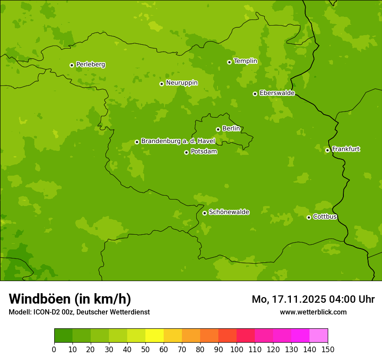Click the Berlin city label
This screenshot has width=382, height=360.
pyautogui.click(x=231, y=129)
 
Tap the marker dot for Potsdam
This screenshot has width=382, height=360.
pyautogui.click(x=186, y=152)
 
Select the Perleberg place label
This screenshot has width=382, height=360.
pyautogui.click(x=90, y=65)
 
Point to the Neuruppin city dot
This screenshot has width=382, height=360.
pyautogui.click(x=161, y=84)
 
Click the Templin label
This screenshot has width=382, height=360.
pyautogui.click(x=245, y=61)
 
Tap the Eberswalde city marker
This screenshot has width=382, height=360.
pyautogui.click(x=255, y=94)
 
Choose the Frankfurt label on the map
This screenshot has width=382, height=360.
pyautogui.click(x=346, y=149)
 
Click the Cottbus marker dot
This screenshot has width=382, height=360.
pyautogui.click(x=309, y=217)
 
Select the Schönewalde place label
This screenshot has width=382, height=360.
pyautogui.click(x=229, y=212)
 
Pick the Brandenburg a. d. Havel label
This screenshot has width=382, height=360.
pyautogui.click(x=178, y=141)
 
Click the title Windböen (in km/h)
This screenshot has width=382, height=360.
pyautogui.click(x=70, y=299)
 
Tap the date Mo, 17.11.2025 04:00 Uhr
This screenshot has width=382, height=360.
pyautogui.click(x=313, y=299)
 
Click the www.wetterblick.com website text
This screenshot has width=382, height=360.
pyautogui.click(x=313, y=312)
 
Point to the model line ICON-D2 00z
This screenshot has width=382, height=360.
pyautogui.click(x=79, y=312)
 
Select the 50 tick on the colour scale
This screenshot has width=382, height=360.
pyautogui.click(x=145, y=349)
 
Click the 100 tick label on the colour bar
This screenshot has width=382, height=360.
pyautogui.click(x=237, y=349)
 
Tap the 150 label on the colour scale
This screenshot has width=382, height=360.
pyautogui.click(x=328, y=349)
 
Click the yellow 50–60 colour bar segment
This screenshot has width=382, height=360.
pyautogui.click(x=155, y=336)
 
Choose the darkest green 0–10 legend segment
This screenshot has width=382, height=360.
pyautogui.click(x=63, y=336)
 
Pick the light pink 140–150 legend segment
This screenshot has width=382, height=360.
pyautogui.click(x=319, y=336)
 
